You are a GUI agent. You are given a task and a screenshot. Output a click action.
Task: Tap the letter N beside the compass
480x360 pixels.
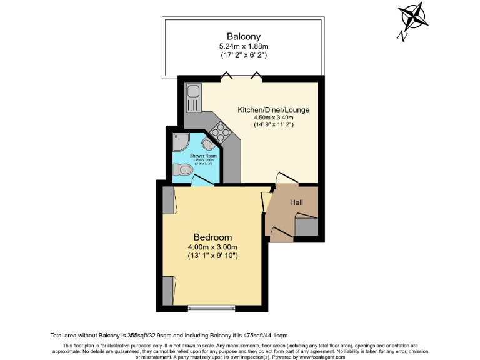click(404, 37)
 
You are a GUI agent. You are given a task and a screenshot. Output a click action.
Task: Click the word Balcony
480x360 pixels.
click(243, 36)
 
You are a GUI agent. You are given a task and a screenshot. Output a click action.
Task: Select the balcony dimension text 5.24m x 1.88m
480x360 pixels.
click(243, 46)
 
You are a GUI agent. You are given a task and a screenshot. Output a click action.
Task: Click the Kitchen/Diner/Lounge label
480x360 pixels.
click(273, 110)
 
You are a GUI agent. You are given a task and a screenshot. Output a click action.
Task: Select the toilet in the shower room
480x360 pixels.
click(184, 169)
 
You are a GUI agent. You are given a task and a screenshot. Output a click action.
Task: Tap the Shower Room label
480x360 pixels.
click(195, 156)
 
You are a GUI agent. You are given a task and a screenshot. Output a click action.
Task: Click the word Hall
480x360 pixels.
click(296, 202)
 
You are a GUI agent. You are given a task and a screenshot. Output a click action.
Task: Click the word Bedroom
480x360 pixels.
click(212, 237)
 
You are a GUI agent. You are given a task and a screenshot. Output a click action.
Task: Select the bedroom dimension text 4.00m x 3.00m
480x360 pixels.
click(212, 247)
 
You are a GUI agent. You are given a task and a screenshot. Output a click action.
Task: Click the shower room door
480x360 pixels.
click(201, 181)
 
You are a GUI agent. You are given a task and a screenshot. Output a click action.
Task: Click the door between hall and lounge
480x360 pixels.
click(287, 179)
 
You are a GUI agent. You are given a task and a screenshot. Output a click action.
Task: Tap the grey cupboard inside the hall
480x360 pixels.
click(306, 227)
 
